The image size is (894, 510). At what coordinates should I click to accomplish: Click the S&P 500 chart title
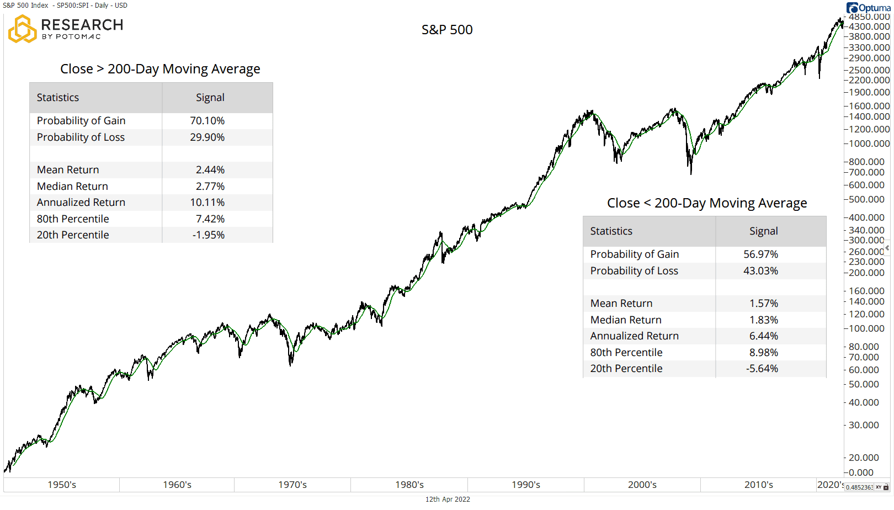447,30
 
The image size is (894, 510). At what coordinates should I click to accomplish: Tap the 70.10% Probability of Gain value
207,121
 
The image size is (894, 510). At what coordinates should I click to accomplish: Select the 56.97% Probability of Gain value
760,254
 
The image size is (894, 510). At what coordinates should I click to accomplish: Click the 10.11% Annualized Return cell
207,203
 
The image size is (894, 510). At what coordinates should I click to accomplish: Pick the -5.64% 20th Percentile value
762,369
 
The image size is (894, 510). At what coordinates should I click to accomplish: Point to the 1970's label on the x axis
292,485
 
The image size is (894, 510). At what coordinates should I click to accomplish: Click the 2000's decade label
642,485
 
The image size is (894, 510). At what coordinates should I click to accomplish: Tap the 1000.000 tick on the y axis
869,144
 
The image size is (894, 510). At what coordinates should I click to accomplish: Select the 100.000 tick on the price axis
866,328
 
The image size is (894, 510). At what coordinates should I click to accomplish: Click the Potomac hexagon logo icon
22,29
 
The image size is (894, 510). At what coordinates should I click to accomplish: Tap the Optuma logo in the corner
868,8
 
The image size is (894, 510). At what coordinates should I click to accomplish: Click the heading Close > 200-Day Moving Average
160,69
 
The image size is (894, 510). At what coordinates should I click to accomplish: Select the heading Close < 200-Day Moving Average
706,203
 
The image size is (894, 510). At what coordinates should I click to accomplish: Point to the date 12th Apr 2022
448,499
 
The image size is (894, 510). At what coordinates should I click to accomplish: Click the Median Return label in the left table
72,187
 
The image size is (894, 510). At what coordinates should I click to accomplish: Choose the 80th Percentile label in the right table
626,353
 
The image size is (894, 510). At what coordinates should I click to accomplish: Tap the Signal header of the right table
763,231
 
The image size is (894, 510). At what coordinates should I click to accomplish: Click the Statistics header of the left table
58,98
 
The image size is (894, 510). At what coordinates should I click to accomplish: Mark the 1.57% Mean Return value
763,304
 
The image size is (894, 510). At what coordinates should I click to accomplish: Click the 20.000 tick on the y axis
864,458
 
